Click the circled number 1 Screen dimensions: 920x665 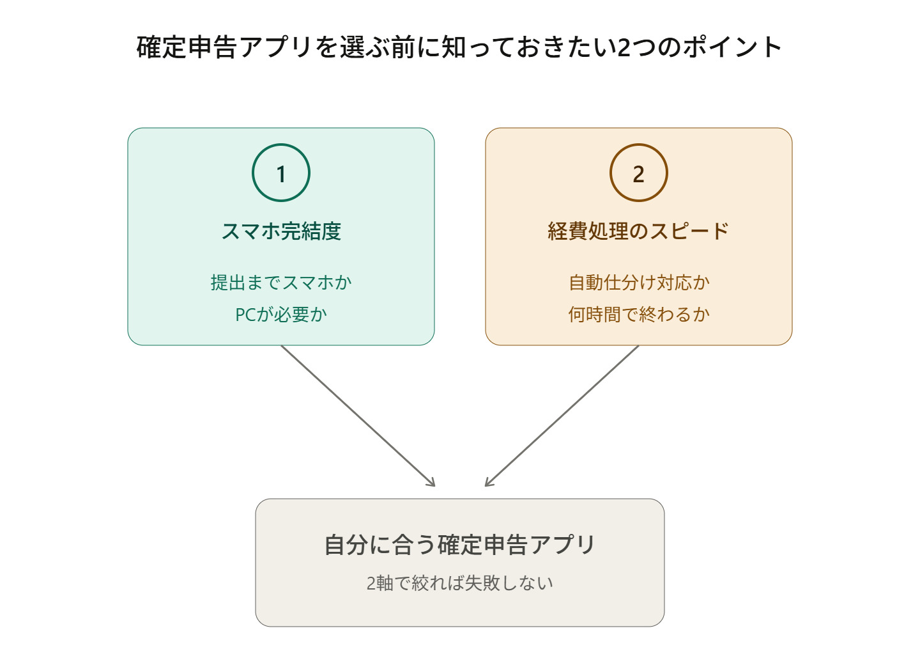[x=281, y=173]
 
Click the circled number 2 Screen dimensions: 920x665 [x=639, y=173]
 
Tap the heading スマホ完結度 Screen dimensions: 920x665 [x=281, y=231]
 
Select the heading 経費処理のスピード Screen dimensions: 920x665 [x=639, y=231]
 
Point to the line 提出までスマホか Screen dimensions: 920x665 [x=281, y=283]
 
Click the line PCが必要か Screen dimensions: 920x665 [x=281, y=315]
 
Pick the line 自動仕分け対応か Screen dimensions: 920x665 [x=639, y=283]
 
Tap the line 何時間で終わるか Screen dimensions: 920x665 [x=639, y=315]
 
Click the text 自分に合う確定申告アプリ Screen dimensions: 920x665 [x=460, y=545]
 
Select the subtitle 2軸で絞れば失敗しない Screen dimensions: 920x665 [x=460, y=583]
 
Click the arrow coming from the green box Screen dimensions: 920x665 [x=358, y=416]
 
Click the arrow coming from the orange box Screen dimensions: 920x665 [x=562, y=416]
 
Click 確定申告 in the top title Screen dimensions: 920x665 [x=186, y=47]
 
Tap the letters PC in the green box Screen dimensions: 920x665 [x=246, y=315]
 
